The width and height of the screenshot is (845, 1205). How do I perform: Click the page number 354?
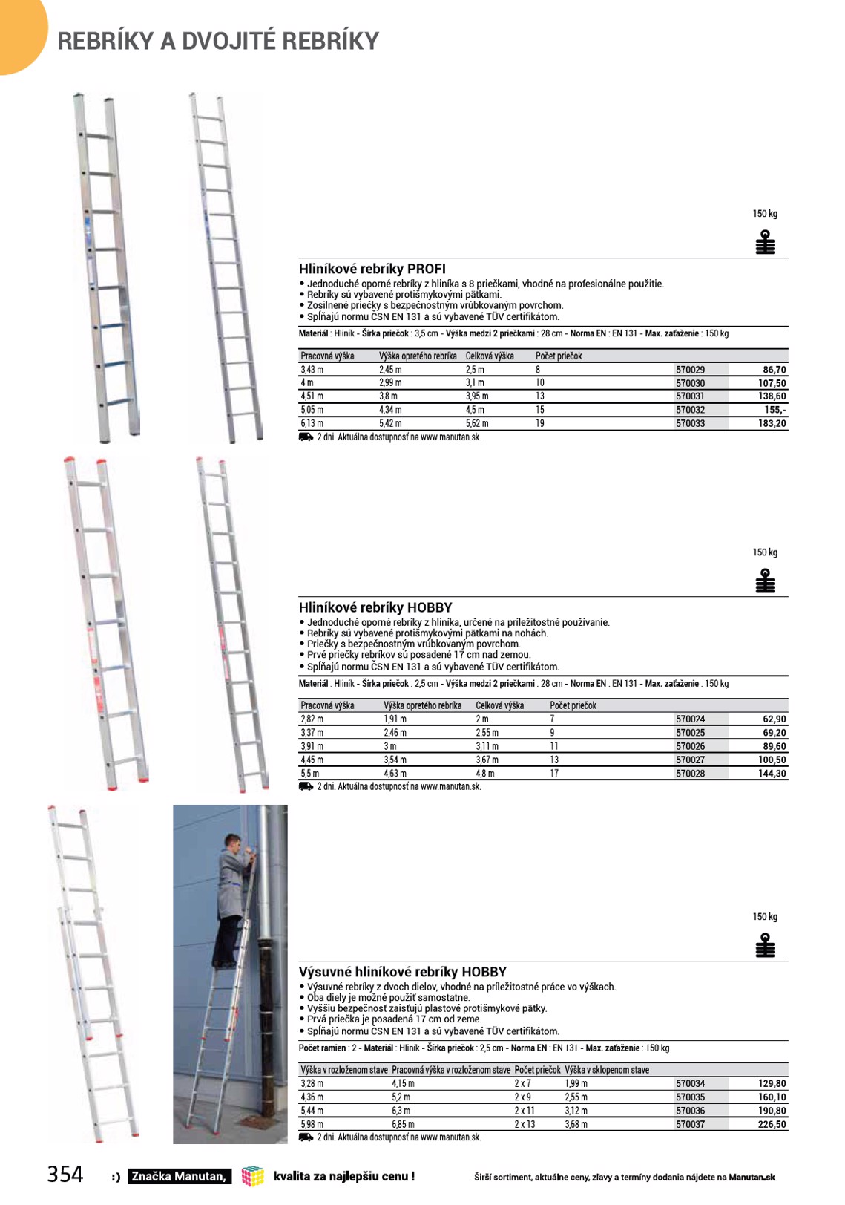click(65, 1174)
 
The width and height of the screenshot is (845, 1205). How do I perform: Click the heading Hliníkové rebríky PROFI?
click(372, 269)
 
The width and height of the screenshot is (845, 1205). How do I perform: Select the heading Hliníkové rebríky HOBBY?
click(375, 607)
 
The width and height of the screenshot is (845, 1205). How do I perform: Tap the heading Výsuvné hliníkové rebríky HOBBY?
click(402, 972)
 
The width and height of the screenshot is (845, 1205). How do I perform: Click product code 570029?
click(690, 370)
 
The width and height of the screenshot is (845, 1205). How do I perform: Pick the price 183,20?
click(772, 424)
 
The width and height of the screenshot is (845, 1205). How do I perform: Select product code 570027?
click(690, 760)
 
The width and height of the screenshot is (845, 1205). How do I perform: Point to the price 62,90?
click(774, 719)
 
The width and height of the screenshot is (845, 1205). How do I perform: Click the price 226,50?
click(772, 1125)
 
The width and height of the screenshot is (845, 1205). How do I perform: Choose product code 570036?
click(690, 1111)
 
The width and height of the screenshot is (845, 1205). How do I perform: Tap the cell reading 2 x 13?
click(525, 1125)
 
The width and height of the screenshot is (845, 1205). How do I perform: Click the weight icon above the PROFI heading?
click(765, 242)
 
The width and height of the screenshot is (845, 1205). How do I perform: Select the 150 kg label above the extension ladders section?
click(765, 917)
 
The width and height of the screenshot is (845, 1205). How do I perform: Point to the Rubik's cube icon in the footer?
click(253, 1175)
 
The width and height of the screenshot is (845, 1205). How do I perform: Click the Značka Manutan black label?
click(179, 1176)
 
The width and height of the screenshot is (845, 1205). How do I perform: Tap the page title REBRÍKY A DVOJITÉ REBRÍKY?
click(218, 41)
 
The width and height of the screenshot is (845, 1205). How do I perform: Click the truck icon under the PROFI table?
click(306, 437)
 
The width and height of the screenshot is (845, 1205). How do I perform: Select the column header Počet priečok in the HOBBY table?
click(573, 706)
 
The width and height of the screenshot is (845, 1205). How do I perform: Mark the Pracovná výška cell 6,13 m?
click(312, 424)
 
